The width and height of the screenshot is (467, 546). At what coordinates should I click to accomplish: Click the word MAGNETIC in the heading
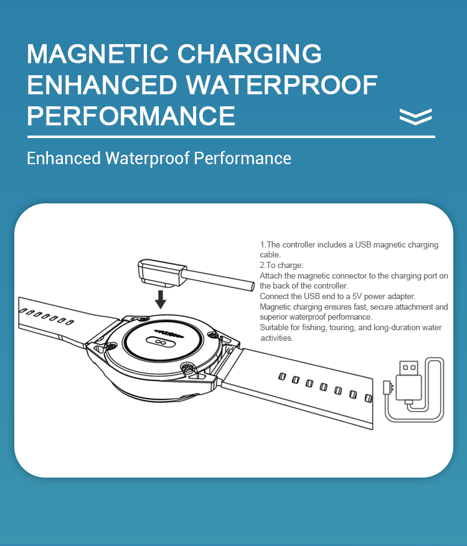pyautogui.click(x=98, y=53)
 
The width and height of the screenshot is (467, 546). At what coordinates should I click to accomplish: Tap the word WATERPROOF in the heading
pyautogui.click(x=281, y=85)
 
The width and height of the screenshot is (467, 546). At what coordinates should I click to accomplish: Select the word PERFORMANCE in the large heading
pyautogui.click(x=131, y=116)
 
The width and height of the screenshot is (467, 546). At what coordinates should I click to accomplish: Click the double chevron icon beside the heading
pyautogui.click(x=416, y=116)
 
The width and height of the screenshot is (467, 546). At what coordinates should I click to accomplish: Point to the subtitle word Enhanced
pyautogui.click(x=64, y=158)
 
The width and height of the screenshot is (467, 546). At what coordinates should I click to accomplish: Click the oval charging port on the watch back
pyautogui.click(x=160, y=342)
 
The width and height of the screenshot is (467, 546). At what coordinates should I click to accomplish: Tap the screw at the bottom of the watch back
pyautogui.click(x=188, y=367)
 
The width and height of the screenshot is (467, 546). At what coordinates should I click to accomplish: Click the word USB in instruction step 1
pyautogui.click(x=363, y=245)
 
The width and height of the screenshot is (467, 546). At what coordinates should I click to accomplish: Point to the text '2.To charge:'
pyautogui.click(x=281, y=266)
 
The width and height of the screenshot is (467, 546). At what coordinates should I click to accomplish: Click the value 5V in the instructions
pyautogui.click(x=357, y=297)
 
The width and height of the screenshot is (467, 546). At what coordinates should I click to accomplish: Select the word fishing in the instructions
pyautogui.click(x=314, y=328)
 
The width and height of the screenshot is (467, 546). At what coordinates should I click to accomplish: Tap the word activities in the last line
pyautogui.click(x=276, y=338)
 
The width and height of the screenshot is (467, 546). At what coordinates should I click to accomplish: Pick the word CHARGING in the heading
pyautogui.click(x=249, y=53)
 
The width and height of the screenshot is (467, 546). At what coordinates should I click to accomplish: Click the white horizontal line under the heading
pyautogui.click(x=231, y=137)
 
